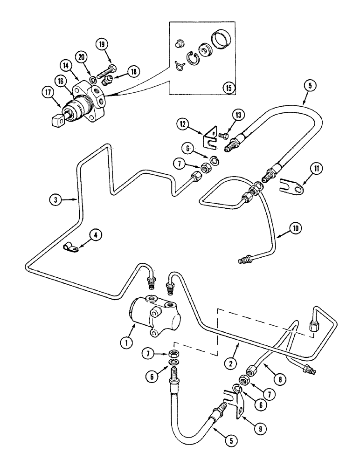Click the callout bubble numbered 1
[x=125, y=343]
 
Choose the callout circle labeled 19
[x=103, y=45]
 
